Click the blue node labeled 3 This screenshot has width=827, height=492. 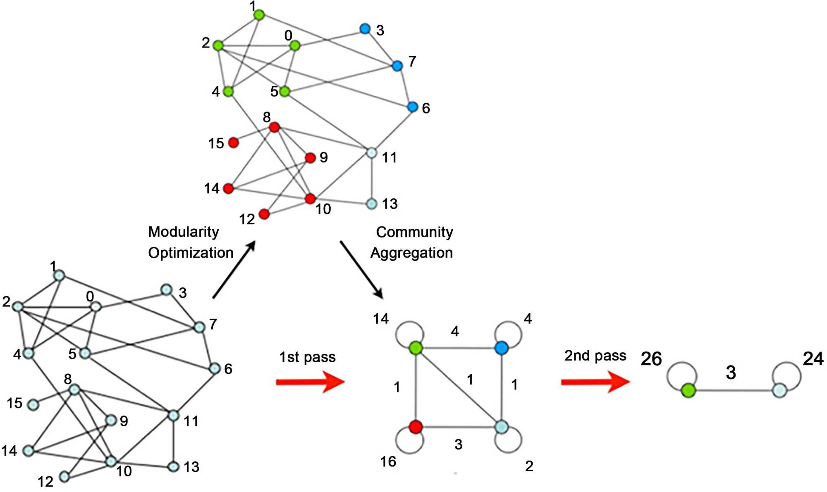coord(364,29)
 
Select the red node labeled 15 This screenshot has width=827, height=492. coord(234,143)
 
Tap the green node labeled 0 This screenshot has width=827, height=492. coord(295,45)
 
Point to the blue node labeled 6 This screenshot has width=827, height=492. coord(412,107)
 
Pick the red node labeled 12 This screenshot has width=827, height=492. coord(264,214)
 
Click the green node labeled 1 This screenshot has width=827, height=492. coord(259,15)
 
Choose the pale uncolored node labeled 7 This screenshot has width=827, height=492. coord(199,327)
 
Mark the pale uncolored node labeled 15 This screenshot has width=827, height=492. coord(33,404)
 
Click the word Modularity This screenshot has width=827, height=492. coord(183,232)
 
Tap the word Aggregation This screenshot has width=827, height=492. coord(411,253)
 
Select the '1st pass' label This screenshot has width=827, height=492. coord(307,357)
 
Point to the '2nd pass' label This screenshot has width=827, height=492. coord(595,356)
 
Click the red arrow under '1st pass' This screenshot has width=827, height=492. coord(310,382)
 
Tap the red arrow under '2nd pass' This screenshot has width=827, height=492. coord(595,382)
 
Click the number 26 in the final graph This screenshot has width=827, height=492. coord(651,359)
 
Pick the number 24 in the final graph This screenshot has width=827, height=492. coord(813,359)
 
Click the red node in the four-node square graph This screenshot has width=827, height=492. coord(416,427)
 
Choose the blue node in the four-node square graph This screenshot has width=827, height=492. coord(501,348)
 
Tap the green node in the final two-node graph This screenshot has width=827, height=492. coord(688,390)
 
